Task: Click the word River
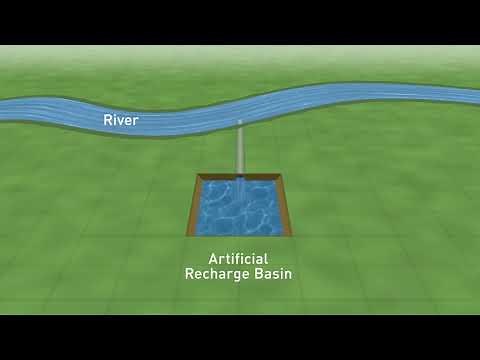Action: (x=120, y=120)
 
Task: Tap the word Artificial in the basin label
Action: (x=239, y=257)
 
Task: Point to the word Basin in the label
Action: (x=273, y=272)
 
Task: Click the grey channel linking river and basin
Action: (x=239, y=150)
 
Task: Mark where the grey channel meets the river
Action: (x=240, y=122)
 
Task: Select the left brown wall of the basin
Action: (x=191, y=205)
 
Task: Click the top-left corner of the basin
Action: (x=197, y=175)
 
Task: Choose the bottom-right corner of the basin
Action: (x=292, y=236)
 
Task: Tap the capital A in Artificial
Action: (x=213, y=257)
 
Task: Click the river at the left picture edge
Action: (x=3, y=109)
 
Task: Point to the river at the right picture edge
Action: (x=476, y=95)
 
